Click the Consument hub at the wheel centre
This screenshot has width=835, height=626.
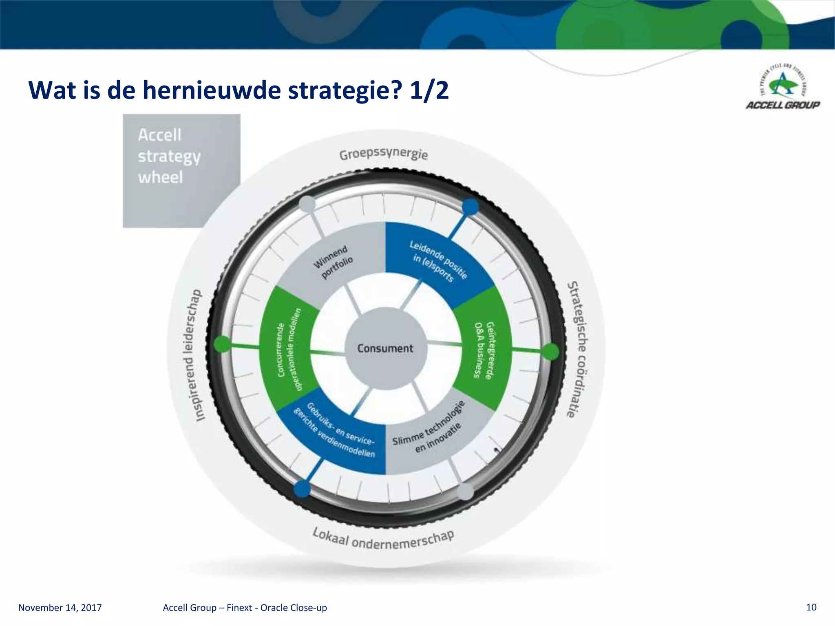385,348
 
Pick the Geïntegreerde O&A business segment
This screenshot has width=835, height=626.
483,350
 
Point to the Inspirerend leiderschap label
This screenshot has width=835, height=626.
193,355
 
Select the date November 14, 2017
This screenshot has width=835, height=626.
60,608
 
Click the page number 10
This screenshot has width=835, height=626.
811,607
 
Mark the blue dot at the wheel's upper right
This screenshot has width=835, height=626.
471,207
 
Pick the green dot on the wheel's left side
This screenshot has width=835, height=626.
222,344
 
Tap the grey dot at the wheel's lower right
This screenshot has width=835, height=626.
465,492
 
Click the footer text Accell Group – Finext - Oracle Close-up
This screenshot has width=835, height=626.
245,608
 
